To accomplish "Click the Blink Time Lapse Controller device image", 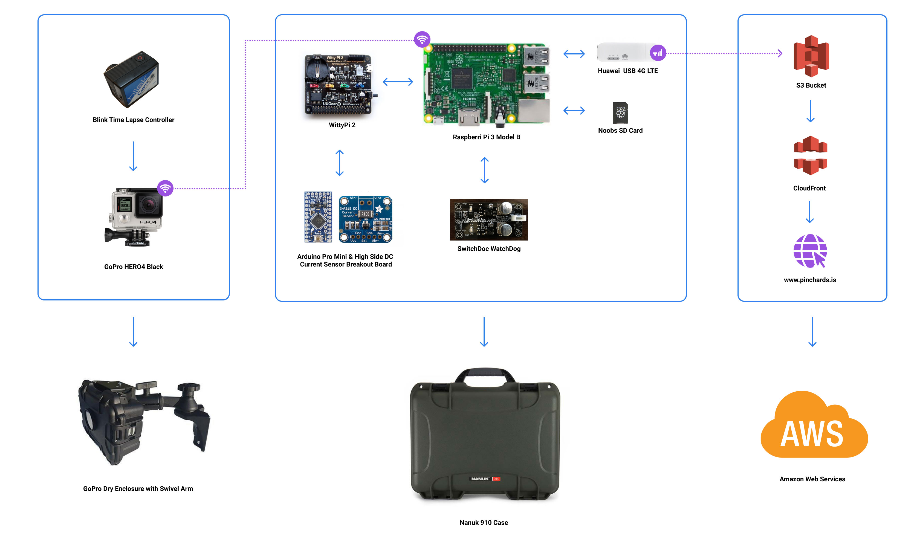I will (x=132, y=79).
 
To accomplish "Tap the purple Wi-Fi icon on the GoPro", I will (x=165, y=188).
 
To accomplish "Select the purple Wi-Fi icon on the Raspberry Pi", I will (x=422, y=39).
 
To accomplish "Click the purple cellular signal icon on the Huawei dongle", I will (x=658, y=53).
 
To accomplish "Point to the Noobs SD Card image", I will (x=620, y=113).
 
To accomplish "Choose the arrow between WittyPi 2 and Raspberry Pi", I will (x=398, y=82).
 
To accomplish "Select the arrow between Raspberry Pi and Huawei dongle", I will (x=574, y=54).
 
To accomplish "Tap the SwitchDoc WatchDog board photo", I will (x=489, y=220).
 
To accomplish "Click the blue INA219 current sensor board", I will (x=365, y=219).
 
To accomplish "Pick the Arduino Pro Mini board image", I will (x=318, y=217).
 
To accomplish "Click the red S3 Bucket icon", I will (x=811, y=56).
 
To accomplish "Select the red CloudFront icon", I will (x=811, y=155).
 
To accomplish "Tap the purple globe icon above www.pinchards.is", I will (x=810, y=251).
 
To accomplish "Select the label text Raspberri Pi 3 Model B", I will (x=486, y=137).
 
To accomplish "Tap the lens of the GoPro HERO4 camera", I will (x=149, y=205).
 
